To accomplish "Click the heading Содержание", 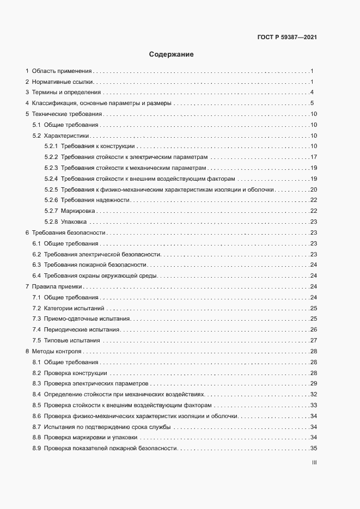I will point(171,54).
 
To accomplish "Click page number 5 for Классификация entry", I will point(312,103).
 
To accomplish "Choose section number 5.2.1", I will point(51,146).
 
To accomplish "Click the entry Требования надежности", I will point(95,200).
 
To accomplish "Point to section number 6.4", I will point(36,275).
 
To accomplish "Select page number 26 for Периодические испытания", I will point(313,329).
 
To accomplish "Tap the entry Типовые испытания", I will point(72,340).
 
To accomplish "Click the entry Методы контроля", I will point(57,351).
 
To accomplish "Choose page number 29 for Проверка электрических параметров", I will point(313,383).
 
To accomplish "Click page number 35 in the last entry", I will point(313,448).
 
